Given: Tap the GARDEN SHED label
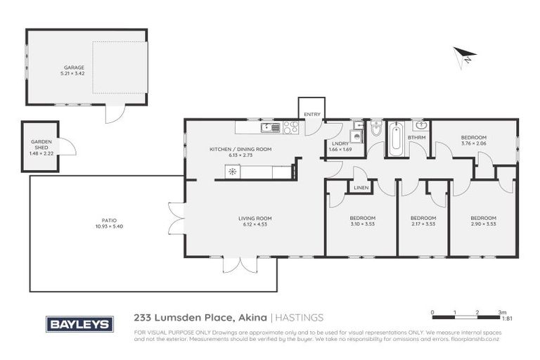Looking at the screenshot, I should pos(40,142).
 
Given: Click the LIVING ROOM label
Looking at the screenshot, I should pos(255,219).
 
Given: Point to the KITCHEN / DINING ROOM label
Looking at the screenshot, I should pos(240,149).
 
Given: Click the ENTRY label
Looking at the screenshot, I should pos(311,115).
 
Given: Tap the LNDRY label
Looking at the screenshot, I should pos(340,143).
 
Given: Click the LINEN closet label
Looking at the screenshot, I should pos(361,188).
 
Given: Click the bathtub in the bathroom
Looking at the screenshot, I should pos(396,139).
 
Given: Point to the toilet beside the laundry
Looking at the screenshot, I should pos(376,131).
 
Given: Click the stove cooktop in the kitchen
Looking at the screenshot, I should pos(290,127).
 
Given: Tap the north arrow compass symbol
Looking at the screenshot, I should pos(465,56).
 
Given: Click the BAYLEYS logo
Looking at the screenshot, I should pos(79,324).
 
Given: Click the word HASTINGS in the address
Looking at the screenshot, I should pos(299,318).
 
